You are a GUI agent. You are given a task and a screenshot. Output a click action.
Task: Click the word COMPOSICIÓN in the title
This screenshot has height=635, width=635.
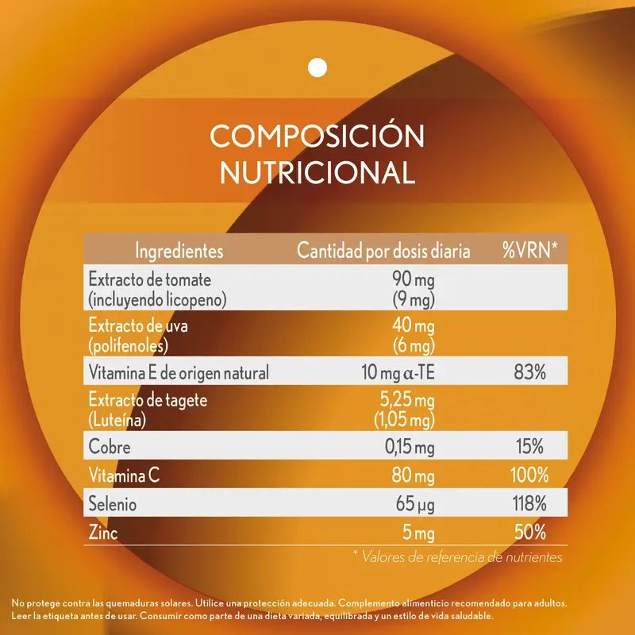click(x=317, y=136)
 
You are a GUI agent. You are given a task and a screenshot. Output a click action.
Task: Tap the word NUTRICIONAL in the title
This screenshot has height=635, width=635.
click(x=317, y=172)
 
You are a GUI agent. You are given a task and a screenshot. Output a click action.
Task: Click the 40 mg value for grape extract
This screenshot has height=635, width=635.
click(x=414, y=326)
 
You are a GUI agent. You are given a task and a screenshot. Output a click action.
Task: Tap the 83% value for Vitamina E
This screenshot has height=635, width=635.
click(x=529, y=371)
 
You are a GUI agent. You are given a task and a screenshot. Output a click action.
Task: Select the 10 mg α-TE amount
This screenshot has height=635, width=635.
click(x=394, y=371)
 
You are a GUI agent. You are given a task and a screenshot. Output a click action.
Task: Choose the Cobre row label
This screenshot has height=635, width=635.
click(x=110, y=448)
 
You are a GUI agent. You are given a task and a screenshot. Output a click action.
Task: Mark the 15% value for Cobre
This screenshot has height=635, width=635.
click(x=529, y=448)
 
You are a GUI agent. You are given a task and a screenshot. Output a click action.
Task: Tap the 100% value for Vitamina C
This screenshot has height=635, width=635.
click(x=529, y=476)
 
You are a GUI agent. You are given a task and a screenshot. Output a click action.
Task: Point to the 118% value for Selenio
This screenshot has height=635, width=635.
click(x=529, y=504)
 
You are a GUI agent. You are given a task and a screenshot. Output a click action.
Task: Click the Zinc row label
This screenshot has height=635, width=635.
click(x=103, y=533)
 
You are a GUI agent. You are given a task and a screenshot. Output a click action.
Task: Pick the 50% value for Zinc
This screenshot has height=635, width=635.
click(x=529, y=533)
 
